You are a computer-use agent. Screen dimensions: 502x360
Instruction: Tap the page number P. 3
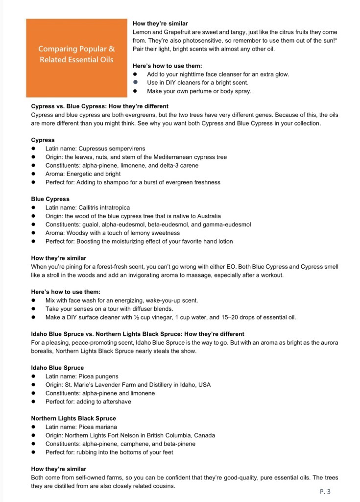coord(325,491)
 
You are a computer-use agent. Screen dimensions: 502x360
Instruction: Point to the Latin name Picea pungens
coord(104,376)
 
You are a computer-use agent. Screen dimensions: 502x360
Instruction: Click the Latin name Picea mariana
coord(103,427)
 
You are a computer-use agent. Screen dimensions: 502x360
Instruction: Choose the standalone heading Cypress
coord(43,140)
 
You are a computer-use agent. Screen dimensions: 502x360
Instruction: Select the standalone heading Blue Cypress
coord(50,200)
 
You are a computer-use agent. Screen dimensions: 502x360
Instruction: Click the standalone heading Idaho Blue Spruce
coord(57,368)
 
